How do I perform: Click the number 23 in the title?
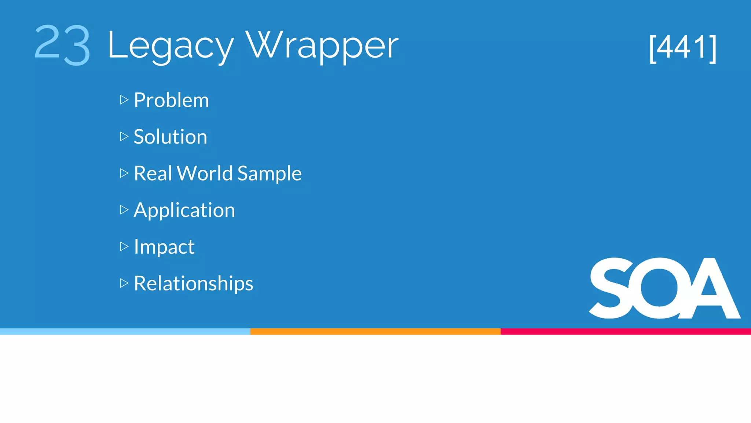[62, 45]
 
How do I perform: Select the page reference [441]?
[682, 48]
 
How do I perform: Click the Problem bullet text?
[171, 100]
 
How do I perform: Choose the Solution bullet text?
[170, 137]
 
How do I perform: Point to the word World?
[205, 173]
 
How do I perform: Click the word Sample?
[269, 174]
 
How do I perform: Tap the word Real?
[153, 173]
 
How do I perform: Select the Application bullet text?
[184, 210]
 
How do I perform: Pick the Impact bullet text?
[164, 247]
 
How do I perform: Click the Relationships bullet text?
[193, 283]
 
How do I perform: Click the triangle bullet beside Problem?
[124, 100]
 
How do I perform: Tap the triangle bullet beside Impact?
[124, 246]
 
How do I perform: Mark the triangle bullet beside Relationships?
[124, 283]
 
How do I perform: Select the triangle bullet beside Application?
[124, 210]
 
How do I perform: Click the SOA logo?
[664, 288]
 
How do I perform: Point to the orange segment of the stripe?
[375, 331]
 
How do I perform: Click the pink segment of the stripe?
[626, 331]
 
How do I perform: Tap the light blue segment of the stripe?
[125, 331]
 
